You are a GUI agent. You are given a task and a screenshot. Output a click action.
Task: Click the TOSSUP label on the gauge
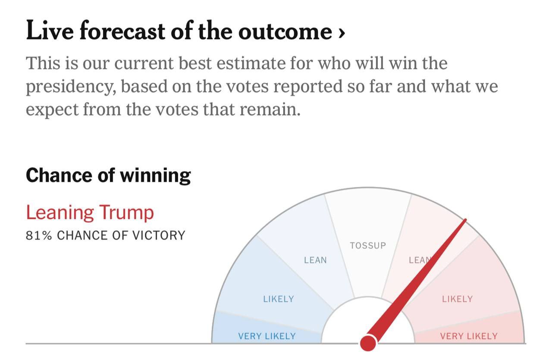pos(368,245)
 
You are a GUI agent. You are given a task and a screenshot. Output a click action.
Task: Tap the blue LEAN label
pos(315,260)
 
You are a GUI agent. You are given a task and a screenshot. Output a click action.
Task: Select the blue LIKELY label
pos(279,299)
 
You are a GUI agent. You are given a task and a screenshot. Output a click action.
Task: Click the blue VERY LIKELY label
pos(267,336)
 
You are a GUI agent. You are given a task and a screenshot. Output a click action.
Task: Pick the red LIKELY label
pos(457,299)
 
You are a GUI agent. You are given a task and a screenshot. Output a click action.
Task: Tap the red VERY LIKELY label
pos(469,336)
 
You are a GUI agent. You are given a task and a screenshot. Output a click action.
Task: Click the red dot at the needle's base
pos(368,343)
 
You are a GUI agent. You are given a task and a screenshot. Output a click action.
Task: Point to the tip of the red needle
pos(465,220)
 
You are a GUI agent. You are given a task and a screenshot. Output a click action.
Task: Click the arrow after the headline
pos(342,33)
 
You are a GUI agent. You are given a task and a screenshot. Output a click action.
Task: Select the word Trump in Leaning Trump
pos(126,213)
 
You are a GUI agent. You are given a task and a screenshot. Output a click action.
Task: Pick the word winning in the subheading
pos(155,175)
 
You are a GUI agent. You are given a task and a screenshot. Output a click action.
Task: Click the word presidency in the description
pos(70,87)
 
